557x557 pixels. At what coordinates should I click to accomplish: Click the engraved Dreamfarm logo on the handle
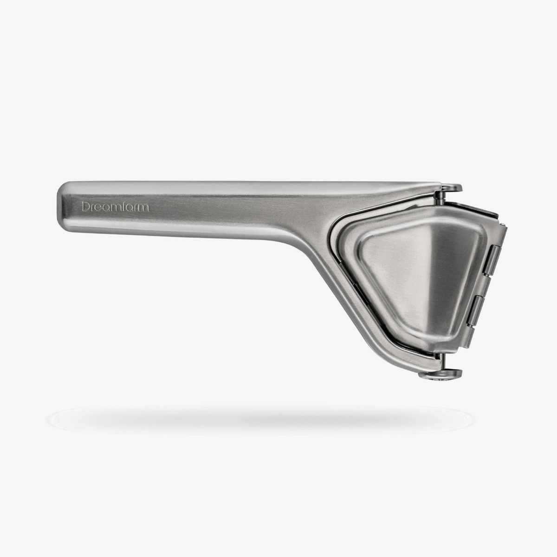click(115, 207)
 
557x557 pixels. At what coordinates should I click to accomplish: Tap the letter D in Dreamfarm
click(85, 207)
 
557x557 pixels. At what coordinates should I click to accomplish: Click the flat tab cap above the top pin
click(452, 188)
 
